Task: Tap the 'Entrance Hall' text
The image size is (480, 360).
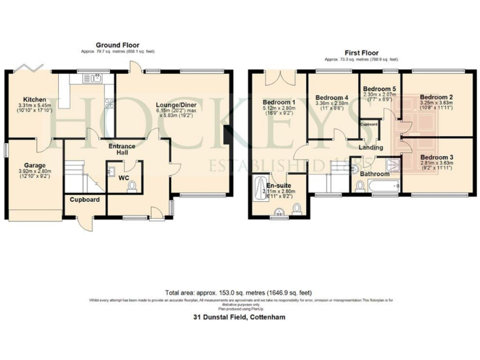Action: point(122,149)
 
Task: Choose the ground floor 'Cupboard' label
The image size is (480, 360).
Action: point(84,200)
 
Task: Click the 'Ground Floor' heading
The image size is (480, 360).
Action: point(117,44)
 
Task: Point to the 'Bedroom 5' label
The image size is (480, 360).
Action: point(378,89)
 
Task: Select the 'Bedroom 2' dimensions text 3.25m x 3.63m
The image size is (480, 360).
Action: point(437,105)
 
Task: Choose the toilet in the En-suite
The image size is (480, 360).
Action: point(297,207)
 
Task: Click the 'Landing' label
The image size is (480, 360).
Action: point(370,147)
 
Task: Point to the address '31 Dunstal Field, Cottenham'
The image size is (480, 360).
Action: point(239,317)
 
